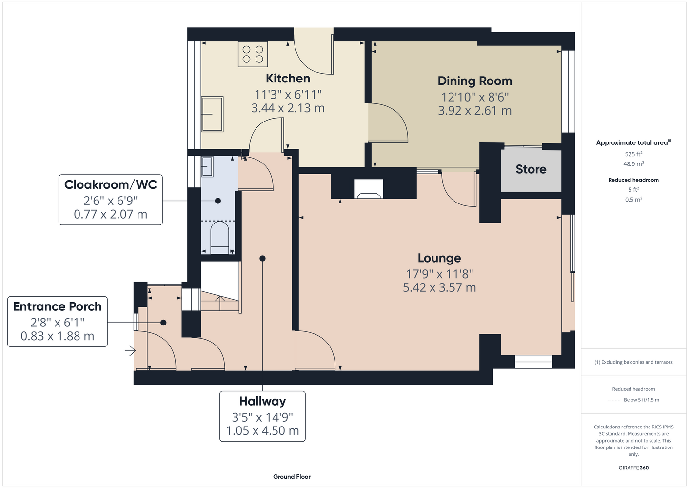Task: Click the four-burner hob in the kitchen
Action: tap(253, 54)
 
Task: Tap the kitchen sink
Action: tap(212, 114)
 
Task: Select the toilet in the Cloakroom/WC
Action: tap(219, 238)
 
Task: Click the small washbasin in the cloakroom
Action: tap(207, 166)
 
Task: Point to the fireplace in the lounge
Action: tap(369, 189)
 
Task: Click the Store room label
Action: tap(531, 169)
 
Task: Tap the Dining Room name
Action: tap(474, 81)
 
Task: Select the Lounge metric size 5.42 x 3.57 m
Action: tap(439, 287)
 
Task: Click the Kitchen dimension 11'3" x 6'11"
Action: tap(288, 95)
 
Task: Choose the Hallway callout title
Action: tap(262, 401)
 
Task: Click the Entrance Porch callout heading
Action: tap(57, 306)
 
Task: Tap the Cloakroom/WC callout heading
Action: tap(110, 184)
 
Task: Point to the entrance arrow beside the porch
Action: tap(130, 351)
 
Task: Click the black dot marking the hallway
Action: tap(262, 258)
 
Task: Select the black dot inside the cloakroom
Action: tap(218, 201)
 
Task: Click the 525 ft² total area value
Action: tap(633, 154)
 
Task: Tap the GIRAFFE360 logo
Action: tap(633, 468)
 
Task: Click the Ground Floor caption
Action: tap(292, 477)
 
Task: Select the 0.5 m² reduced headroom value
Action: tap(633, 200)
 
